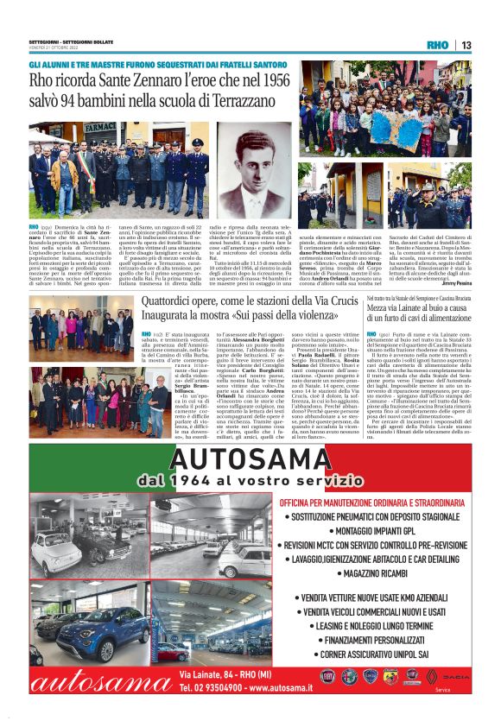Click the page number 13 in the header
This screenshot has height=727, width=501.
tap(466, 45)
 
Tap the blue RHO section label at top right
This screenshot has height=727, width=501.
tap(437, 45)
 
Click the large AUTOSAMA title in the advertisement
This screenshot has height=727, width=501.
tap(250, 454)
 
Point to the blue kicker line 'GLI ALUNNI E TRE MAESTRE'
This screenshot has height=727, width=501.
tap(139, 65)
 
